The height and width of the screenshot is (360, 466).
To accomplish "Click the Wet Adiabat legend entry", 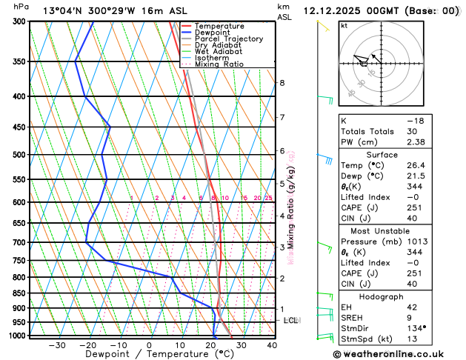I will coord(231,52).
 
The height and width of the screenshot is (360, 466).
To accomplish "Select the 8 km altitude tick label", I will coord(282,83).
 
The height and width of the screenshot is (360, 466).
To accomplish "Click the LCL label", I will coord(290,320).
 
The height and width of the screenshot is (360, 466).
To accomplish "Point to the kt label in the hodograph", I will coord(344,25).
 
